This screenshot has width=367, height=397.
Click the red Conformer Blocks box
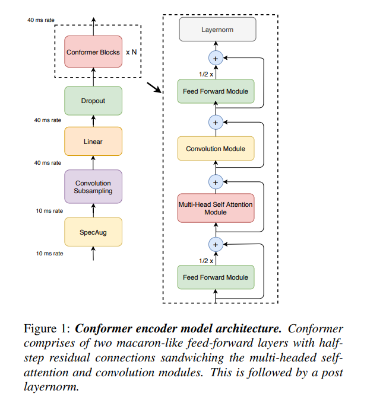click(x=93, y=52)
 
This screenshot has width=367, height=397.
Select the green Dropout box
click(x=93, y=101)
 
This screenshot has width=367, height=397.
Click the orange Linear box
click(x=93, y=142)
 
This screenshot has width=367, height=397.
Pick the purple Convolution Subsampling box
click(x=93, y=187)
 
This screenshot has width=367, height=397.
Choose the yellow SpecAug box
click(x=93, y=232)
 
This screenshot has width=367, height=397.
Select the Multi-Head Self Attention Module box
click(x=216, y=208)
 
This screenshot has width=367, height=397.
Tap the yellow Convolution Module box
click(x=216, y=149)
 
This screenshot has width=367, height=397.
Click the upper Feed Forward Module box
click(x=216, y=91)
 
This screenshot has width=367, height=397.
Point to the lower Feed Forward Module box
click(x=216, y=277)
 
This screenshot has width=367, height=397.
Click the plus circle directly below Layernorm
click(x=216, y=58)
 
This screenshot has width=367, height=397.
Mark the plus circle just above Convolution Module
click(x=216, y=122)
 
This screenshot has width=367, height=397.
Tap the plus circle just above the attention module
click(x=216, y=180)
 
